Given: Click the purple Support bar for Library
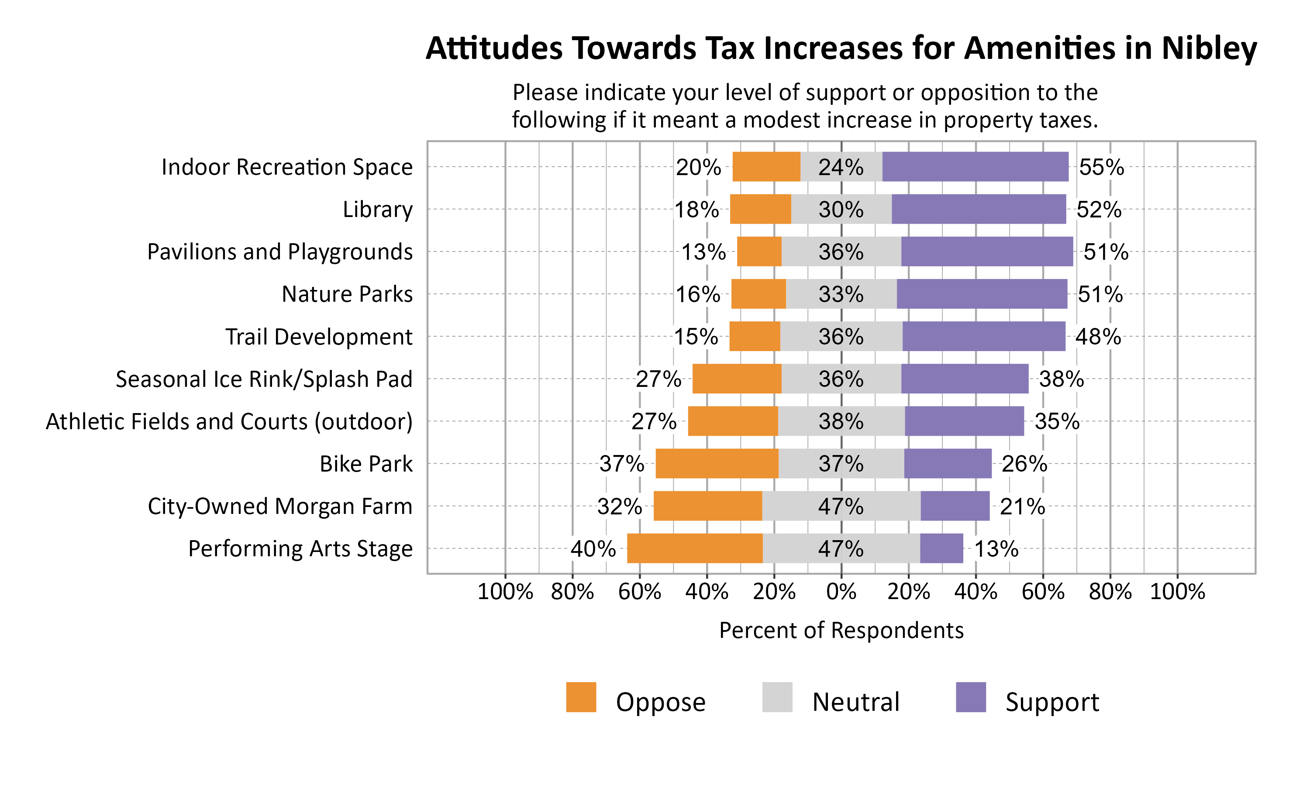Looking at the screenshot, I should click(x=979, y=209).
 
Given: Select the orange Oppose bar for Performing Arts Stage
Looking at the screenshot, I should click(x=695, y=548).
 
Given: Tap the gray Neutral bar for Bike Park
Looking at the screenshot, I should click(x=841, y=463).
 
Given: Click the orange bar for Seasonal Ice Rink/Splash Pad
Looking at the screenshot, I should click(x=737, y=379).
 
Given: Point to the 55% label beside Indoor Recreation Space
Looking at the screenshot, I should click(x=1101, y=167).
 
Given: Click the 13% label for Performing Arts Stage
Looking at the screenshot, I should click(x=996, y=549).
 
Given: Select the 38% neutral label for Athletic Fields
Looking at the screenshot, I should click(x=841, y=421).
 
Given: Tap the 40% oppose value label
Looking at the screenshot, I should click(x=593, y=549).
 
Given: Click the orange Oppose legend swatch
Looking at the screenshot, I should click(x=581, y=697).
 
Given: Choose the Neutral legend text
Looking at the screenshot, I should click(x=856, y=702).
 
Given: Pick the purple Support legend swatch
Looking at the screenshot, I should click(x=971, y=697).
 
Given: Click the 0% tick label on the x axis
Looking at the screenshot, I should click(x=841, y=592).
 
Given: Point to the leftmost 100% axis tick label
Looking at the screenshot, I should click(x=505, y=592).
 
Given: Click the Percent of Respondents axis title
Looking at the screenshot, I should click(x=841, y=630).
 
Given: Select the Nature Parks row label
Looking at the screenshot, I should click(x=347, y=294).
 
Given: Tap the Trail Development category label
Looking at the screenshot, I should click(x=319, y=337).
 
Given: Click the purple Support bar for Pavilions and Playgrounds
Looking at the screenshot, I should click(x=987, y=252).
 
